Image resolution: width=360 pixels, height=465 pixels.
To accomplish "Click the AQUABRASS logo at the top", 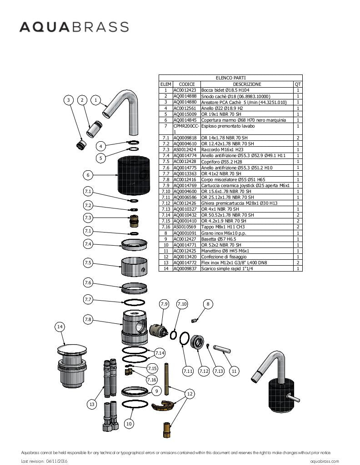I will (x=74, y=27).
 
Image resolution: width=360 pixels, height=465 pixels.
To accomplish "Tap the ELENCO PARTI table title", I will (x=230, y=78).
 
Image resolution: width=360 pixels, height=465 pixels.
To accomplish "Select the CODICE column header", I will (x=186, y=84).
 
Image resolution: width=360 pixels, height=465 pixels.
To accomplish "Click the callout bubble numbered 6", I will (x=88, y=175).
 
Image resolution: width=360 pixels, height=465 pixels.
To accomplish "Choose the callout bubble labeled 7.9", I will (x=164, y=303).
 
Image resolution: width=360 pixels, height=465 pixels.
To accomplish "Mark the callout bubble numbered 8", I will (x=208, y=304).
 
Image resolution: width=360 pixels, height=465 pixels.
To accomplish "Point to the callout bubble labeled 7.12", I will (x=204, y=371).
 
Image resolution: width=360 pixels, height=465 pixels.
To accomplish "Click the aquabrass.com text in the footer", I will (x=325, y=461).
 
